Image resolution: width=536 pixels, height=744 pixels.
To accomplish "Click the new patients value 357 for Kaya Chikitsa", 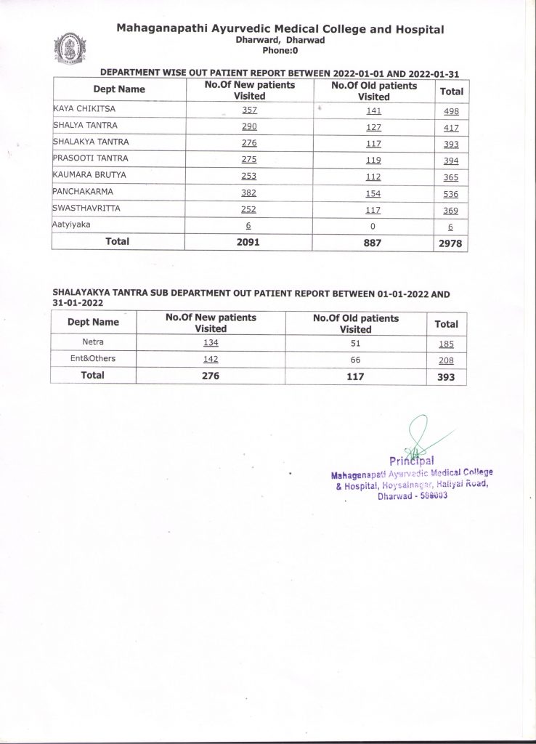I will click(249, 110).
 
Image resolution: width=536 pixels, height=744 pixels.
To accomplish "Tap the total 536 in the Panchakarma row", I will click(452, 193).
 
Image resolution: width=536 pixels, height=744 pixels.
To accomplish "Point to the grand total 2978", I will click(451, 243).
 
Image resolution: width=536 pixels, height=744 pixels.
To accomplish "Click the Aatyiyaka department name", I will click(71, 225).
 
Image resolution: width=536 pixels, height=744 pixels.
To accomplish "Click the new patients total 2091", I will click(249, 242).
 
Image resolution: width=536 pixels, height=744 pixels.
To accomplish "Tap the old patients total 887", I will click(373, 242).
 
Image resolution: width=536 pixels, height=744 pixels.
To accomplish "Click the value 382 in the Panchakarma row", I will click(249, 193).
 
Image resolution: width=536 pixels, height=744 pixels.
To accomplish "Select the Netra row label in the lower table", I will click(93, 341).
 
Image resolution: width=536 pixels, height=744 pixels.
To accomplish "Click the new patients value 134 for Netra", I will click(211, 341).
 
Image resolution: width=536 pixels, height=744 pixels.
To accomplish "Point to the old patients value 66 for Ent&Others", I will click(356, 358).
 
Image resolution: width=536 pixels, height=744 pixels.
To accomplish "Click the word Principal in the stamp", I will click(412, 460).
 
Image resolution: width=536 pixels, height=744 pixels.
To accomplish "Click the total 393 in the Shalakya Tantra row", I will click(452, 145).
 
